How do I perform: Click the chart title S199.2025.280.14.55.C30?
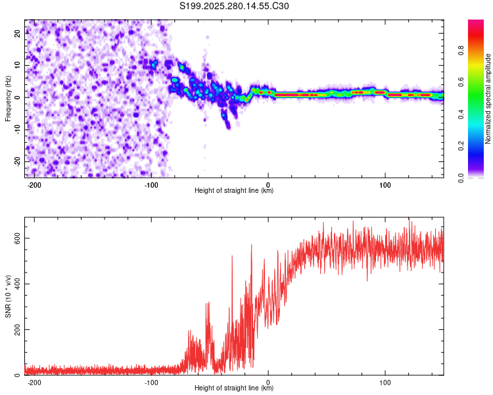(234, 7)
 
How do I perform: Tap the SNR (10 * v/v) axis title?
(9, 296)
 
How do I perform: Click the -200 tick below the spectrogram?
(34, 184)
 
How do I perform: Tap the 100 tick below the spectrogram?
(385, 184)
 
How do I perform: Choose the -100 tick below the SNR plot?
(151, 382)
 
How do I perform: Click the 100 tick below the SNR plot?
(385, 382)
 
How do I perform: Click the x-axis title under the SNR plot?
(234, 389)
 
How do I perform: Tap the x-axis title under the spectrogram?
(234, 191)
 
